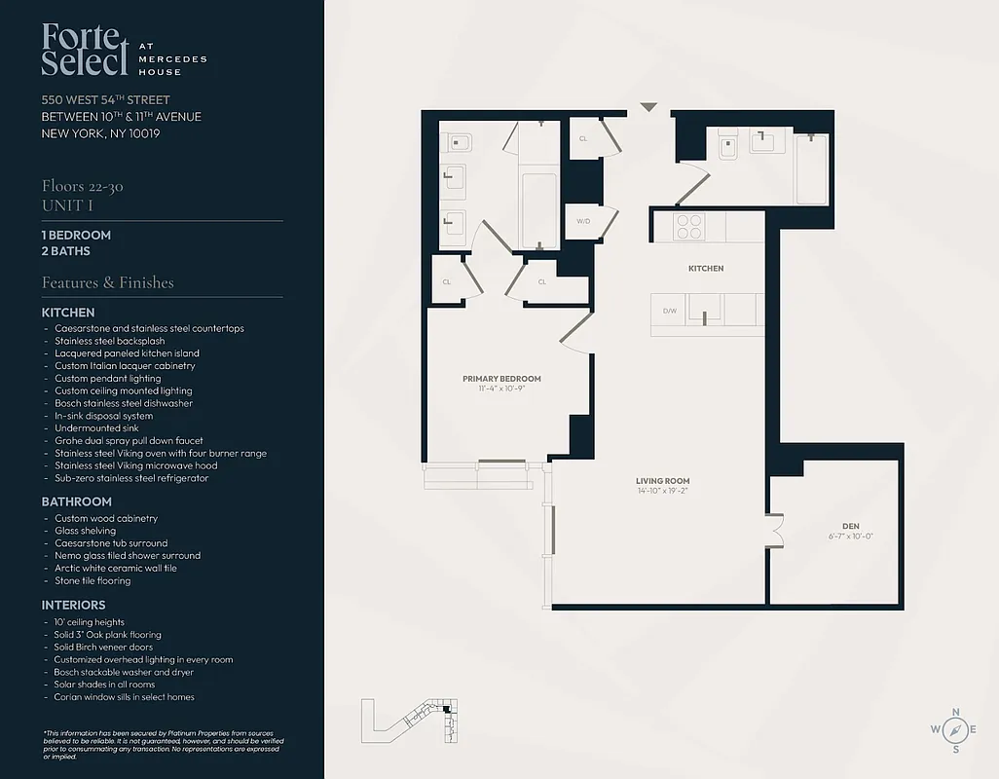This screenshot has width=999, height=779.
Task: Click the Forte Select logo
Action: (85, 51)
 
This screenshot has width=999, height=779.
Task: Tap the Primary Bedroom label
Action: (501, 379)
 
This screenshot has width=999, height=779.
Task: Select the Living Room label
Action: (662, 481)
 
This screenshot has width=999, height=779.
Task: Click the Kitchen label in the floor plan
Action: (706, 268)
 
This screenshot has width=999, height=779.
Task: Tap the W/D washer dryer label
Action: (583, 221)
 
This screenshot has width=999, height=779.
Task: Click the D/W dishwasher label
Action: (670, 312)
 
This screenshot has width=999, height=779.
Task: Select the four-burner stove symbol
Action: (689, 226)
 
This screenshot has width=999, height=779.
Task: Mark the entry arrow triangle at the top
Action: (648, 107)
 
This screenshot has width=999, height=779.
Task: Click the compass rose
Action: (954, 728)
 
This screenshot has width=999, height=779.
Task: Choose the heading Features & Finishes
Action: (107, 282)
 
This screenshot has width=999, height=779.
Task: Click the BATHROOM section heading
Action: (76, 501)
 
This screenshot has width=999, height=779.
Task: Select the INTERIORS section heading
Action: (73, 605)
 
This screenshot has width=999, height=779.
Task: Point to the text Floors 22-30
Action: (82, 186)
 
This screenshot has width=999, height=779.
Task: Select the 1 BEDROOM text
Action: (76, 235)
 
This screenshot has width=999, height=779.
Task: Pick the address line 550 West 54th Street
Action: (105, 100)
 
